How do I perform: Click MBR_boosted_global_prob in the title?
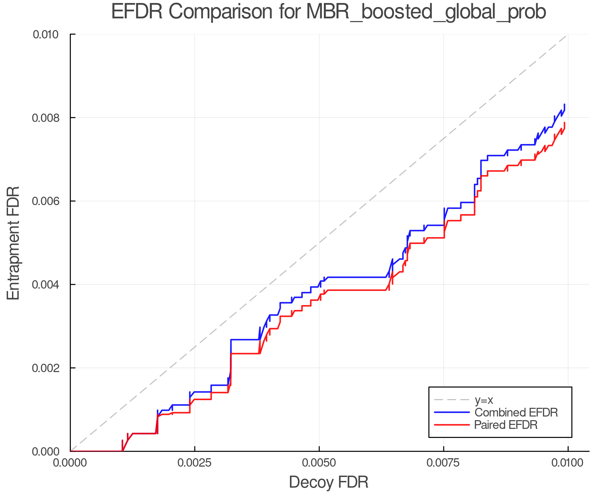point(426,12)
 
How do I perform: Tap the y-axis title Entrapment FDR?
point(13,243)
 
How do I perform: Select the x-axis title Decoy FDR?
point(329,482)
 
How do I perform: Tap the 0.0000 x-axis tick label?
point(70,463)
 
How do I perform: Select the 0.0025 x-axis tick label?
point(195,463)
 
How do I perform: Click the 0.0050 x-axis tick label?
point(319,463)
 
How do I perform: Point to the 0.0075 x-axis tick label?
point(443,463)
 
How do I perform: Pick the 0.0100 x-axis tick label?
point(568,463)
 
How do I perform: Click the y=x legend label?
point(484,400)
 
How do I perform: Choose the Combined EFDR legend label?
point(516,412)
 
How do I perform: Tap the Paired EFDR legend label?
point(506,425)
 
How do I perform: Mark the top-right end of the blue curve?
point(564,105)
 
